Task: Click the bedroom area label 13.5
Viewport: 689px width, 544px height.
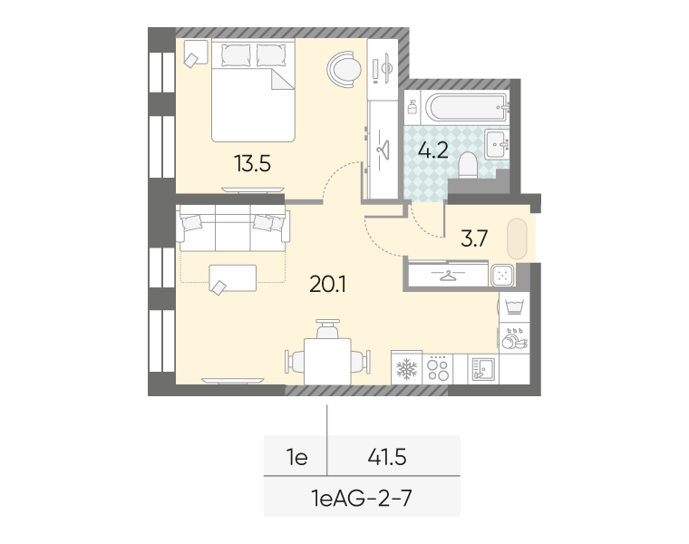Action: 252,164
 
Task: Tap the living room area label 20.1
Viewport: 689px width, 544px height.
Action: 327,285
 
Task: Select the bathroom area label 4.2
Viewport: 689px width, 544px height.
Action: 432,151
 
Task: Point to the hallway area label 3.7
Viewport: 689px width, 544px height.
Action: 474,238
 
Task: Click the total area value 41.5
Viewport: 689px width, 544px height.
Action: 387,457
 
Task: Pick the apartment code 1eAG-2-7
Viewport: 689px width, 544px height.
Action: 362,499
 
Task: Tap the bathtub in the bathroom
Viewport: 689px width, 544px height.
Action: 466,107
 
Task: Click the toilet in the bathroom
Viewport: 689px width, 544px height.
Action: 468,166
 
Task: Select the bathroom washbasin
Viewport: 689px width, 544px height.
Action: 497,143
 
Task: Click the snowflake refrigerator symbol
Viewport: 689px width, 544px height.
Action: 406,368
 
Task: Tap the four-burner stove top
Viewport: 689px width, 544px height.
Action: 438,368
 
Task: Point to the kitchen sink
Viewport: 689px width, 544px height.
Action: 483,368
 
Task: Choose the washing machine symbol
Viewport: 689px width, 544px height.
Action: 514,306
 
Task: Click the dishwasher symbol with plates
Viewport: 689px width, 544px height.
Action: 514,338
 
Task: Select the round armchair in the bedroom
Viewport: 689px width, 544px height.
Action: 344,69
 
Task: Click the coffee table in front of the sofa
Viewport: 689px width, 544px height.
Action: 232,277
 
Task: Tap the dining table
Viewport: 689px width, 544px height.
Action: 327,361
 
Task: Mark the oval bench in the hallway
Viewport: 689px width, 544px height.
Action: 517,238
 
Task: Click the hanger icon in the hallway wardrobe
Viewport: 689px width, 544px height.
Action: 447,275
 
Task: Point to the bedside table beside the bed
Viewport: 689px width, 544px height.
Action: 196,52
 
